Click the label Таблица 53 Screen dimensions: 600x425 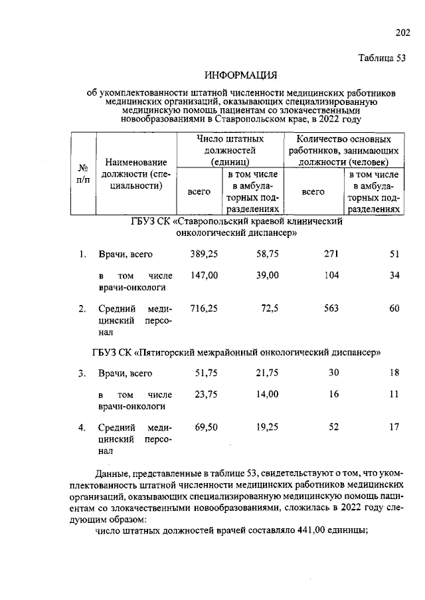click(x=381, y=58)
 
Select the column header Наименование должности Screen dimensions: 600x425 click(x=136, y=173)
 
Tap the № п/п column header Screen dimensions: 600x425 click(x=83, y=174)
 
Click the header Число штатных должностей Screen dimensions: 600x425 click(x=230, y=150)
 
